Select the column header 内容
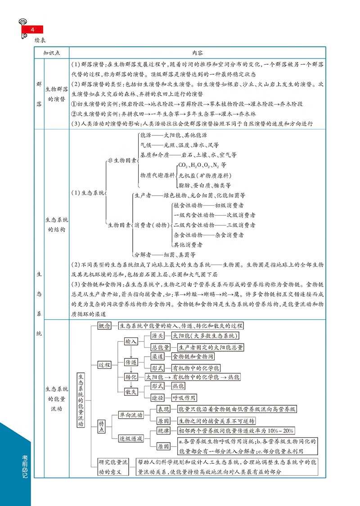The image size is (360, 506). pyautogui.click(x=197, y=53)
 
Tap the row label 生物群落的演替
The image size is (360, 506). pyautogui.click(x=57, y=94)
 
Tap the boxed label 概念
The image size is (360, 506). pyautogui.click(x=104, y=326)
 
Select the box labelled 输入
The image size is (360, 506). pyautogui.click(x=131, y=341)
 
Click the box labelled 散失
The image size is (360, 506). pyautogui.click(x=131, y=392)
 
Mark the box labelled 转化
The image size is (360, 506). pyautogui.click(x=131, y=376)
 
